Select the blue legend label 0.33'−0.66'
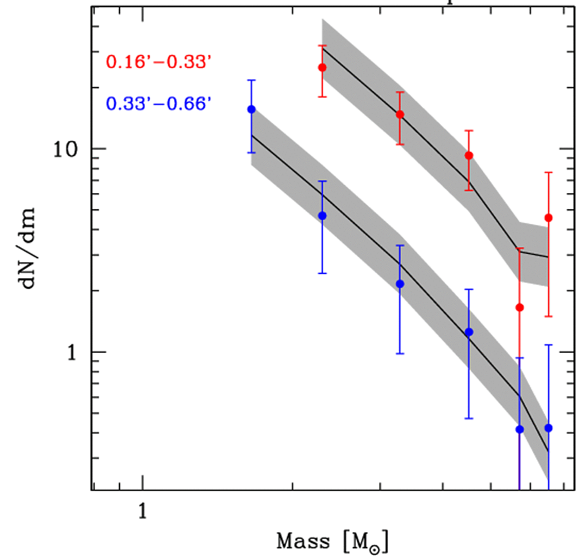tap(158, 104)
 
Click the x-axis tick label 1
tap(142, 510)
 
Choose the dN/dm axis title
tap(31, 247)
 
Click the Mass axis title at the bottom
tap(332, 542)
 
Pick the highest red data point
tap(322, 67)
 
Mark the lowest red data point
tap(520, 308)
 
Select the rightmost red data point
tap(548, 218)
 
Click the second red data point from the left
tap(400, 114)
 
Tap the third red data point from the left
tap(469, 156)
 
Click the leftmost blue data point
tap(251, 109)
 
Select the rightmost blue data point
tap(548, 428)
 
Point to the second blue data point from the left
tap(322, 216)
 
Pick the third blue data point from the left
tap(400, 284)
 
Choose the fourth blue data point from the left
tap(469, 332)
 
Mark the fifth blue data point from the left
tap(520, 429)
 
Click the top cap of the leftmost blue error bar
tap(251, 80)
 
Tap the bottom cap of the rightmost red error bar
tap(548, 316)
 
